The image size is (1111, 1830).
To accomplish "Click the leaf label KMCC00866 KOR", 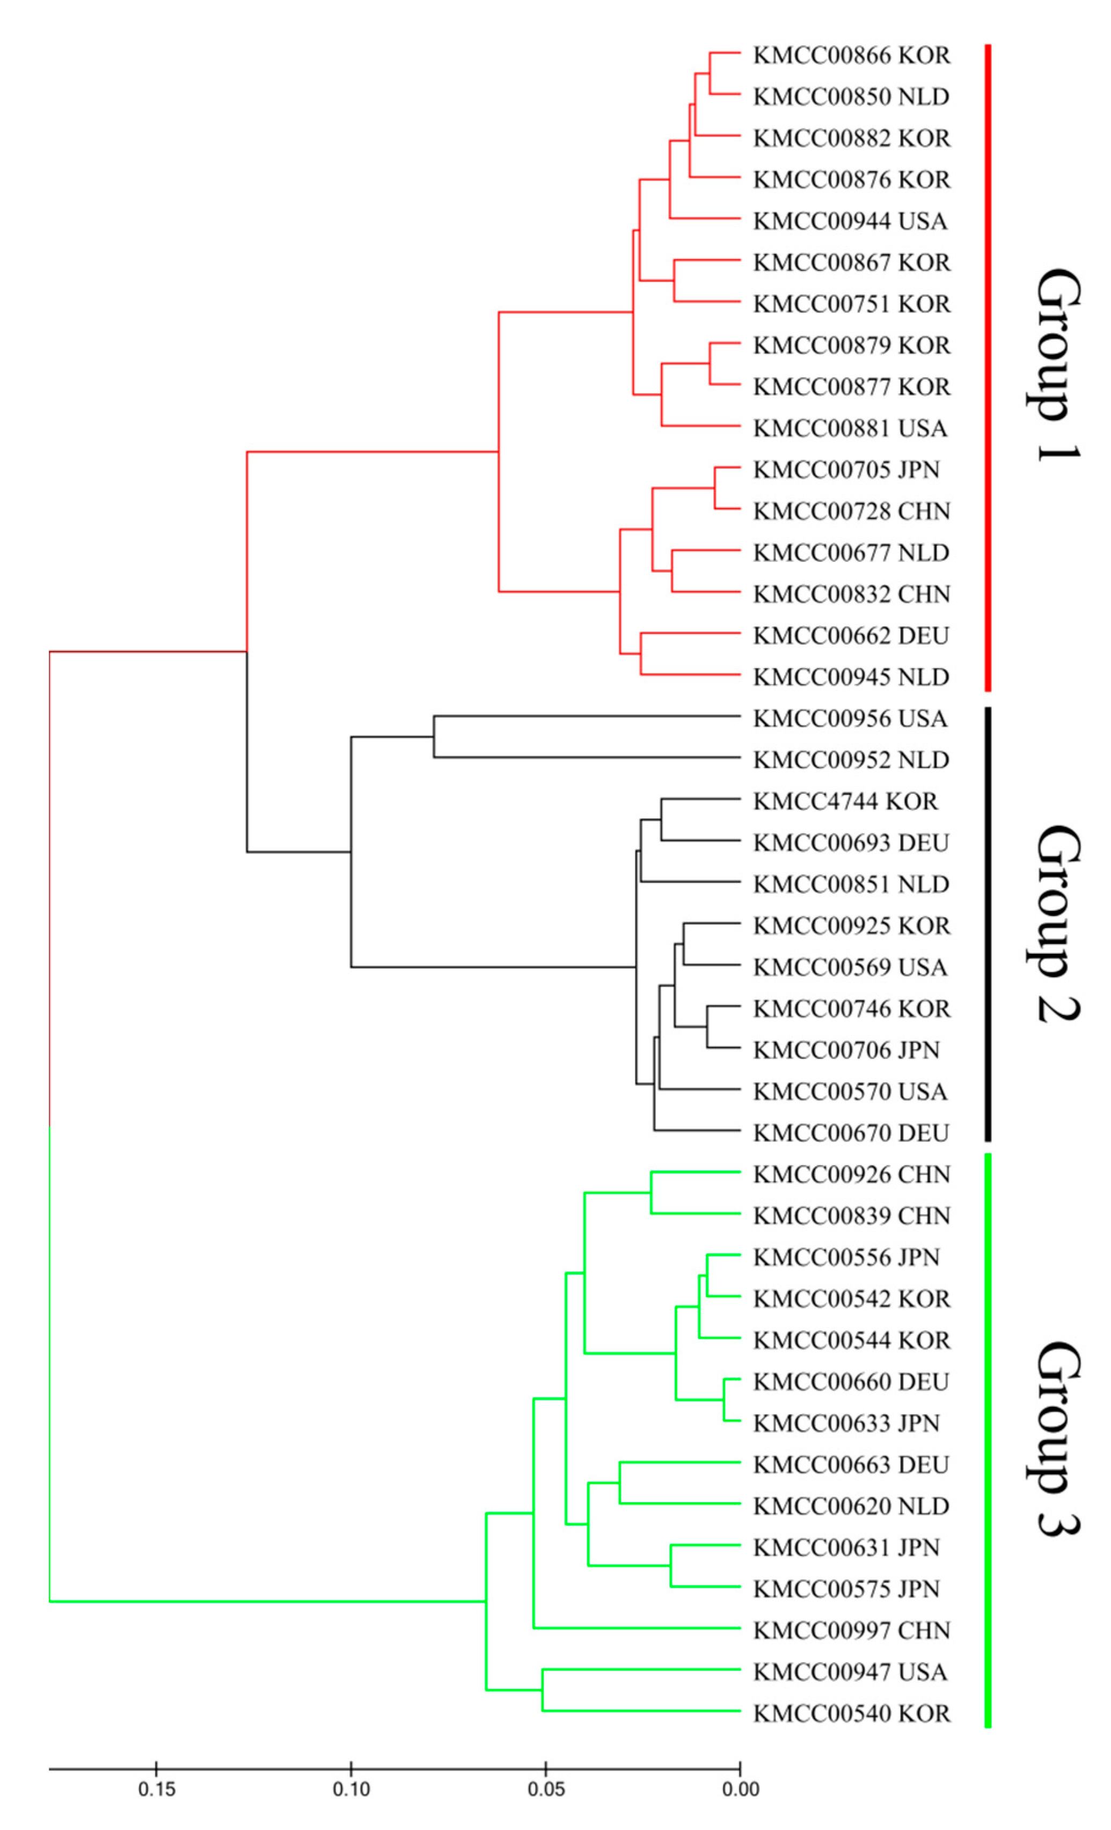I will (x=851, y=56).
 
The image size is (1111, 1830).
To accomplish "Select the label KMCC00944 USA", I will (x=850, y=221).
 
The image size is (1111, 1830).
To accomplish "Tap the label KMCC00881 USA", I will (x=850, y=429).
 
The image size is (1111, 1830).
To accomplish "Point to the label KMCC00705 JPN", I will (x=846, y=470).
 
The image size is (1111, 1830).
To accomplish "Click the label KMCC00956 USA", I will (x=850, y=719).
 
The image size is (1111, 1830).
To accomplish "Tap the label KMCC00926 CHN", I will (x=851, y=1175).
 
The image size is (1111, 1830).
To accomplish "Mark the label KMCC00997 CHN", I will (x=851, y=1631).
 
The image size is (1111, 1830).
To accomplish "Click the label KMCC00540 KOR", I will (x=851, y=1714).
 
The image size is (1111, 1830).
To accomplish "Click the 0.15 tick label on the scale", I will (x=157, y=1789).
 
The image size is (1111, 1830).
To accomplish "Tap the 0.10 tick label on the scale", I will (x=351, y=1789).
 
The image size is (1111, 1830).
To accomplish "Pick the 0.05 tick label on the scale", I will (x=546, y=1789).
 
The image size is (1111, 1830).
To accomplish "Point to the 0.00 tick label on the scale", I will (x=741, y=1789).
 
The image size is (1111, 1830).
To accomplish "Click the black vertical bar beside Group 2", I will (x=988, y=924).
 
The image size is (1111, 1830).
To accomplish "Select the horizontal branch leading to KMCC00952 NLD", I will (x=587, y=758).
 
